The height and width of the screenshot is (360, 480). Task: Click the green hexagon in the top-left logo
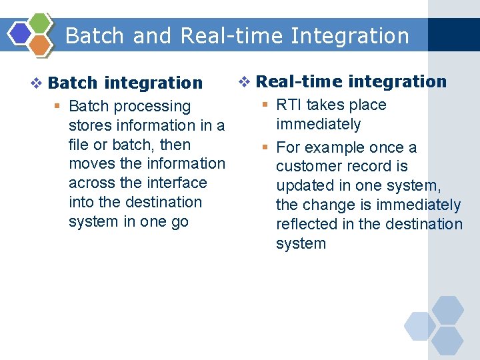tap(41, 23)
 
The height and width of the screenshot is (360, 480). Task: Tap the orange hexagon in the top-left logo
tap(41, 45)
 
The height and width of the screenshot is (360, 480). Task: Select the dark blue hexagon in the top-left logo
tap(21, 33)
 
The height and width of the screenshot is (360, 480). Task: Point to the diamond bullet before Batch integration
tap(37, 83)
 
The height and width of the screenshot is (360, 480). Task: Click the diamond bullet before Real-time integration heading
tap(245, 82)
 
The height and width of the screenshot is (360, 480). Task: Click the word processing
tap(158, 107)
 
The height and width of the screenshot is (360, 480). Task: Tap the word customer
tap(309, 167)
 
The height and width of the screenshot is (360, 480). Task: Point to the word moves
tap(91, 164)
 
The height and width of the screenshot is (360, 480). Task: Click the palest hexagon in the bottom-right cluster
tap(420, 326)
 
